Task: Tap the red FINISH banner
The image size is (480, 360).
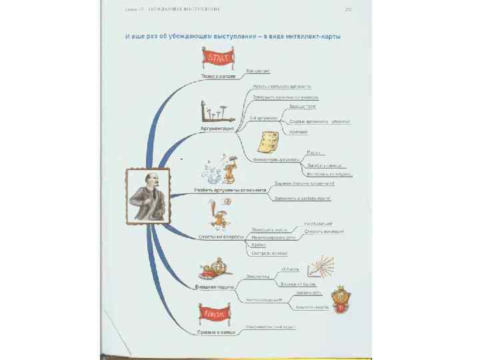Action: (214, 313)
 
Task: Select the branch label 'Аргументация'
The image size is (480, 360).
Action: (215, 127)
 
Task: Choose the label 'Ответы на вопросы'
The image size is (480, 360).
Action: (217, 236)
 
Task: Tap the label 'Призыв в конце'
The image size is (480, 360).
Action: (213, 331)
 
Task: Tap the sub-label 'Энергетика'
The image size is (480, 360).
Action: (257, 275)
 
